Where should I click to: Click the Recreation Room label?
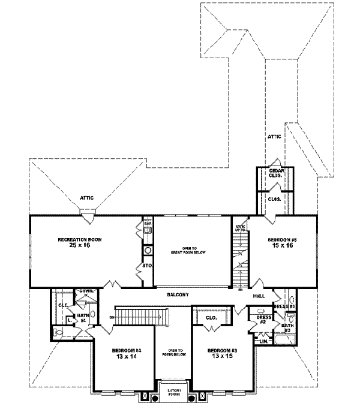pyautogui.click(x=80, y=239)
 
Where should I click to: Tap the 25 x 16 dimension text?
pyautogui.click(x=80, y=246)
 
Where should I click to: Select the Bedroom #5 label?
pyautogui.click(x=282, y=240)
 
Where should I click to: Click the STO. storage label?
pyautogui.click(x=146, y=265)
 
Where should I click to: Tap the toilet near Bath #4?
pyautogui.click(x=58, y=331)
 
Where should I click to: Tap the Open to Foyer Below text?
pyautogui.click(x=173, y=353)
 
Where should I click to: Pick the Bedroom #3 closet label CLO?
pyautogui.click(x=211, y=317)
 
